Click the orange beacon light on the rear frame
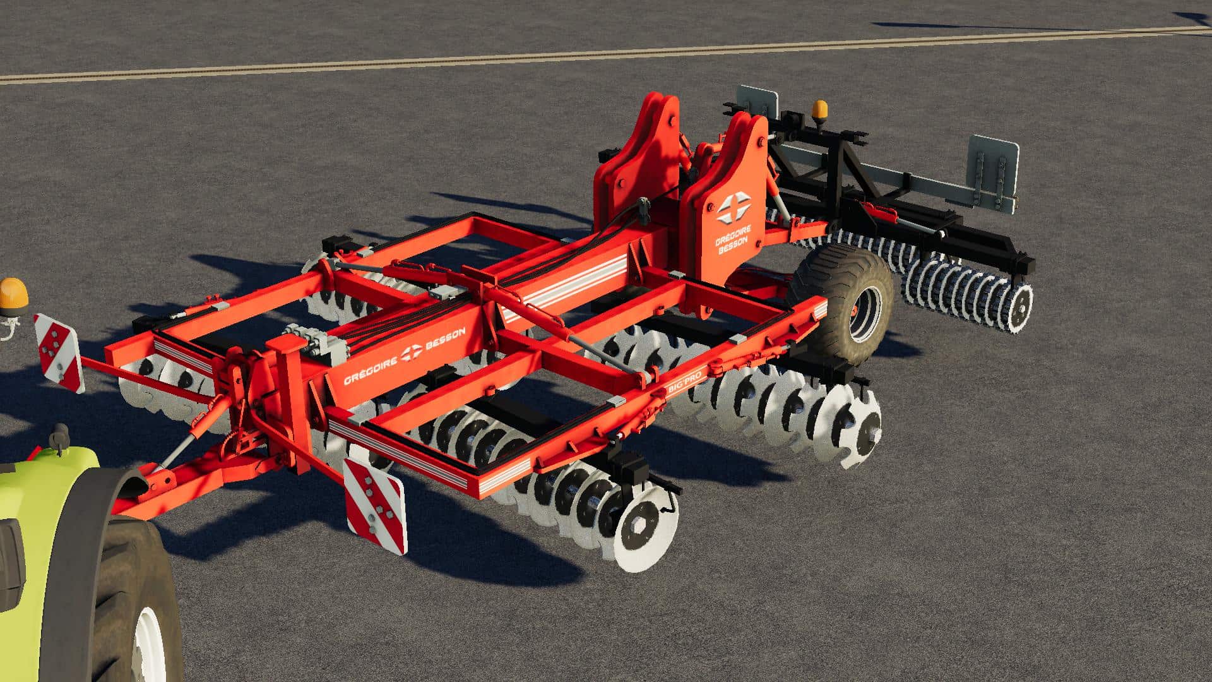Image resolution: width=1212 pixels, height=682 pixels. coord(820,111)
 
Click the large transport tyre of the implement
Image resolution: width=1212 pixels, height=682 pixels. coord(842,304)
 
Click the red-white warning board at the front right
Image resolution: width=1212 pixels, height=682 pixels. coord(374,505)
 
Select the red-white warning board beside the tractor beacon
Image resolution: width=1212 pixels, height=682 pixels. coord(59,352)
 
